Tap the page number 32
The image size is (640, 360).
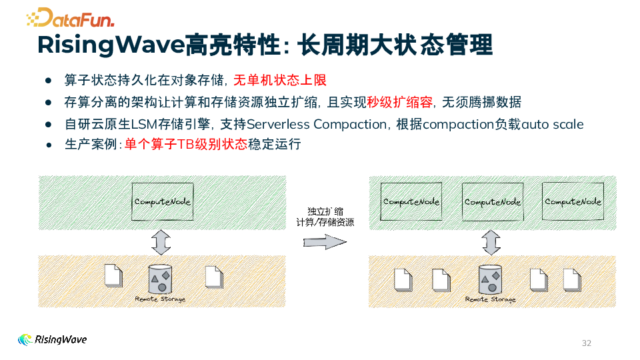pos(587,343)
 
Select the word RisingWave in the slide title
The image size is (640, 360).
pos(111,45)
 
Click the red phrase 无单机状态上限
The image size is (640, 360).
pos(280,81)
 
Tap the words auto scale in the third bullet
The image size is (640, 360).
pos(553,124)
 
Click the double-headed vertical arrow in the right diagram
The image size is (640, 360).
pos(491,242)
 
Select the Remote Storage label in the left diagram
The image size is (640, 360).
pos(160,299)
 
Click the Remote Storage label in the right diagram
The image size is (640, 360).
pos(491,299)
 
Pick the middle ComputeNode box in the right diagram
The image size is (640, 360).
pos(492,201)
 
